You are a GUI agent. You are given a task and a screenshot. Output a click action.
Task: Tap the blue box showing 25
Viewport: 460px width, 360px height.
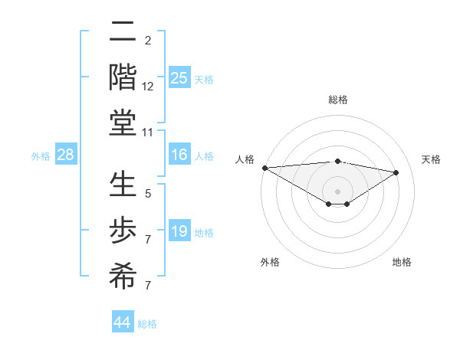click(179, 78)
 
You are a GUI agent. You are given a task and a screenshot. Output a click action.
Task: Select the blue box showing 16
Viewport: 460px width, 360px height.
click(179, 155)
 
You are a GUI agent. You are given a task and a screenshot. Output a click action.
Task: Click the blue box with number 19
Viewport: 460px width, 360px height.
click(179, 231)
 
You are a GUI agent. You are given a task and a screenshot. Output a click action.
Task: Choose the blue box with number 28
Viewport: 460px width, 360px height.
click(65, 155)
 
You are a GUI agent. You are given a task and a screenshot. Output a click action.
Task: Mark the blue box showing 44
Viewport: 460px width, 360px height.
click(122, 322)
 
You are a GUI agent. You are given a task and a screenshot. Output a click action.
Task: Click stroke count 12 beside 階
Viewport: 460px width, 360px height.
click(148, 87)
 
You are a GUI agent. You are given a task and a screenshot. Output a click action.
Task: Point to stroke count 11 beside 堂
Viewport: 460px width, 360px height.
click(148, 133)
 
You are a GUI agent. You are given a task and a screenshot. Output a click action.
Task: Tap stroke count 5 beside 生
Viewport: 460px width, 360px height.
click(148, 194)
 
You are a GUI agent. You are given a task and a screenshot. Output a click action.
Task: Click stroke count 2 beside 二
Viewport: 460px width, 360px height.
click(148, 41)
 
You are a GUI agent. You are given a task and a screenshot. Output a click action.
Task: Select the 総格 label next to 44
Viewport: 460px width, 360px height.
click(147, 324)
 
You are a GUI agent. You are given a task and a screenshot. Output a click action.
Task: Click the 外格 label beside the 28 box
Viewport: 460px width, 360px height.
click(41, 156)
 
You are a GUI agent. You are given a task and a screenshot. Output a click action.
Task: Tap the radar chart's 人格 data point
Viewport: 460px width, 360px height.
click(264, 168)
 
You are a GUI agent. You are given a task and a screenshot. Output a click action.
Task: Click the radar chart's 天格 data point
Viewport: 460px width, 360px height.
click(396, 173)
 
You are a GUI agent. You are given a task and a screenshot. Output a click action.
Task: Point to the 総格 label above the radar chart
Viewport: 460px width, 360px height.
click(337, 100)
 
